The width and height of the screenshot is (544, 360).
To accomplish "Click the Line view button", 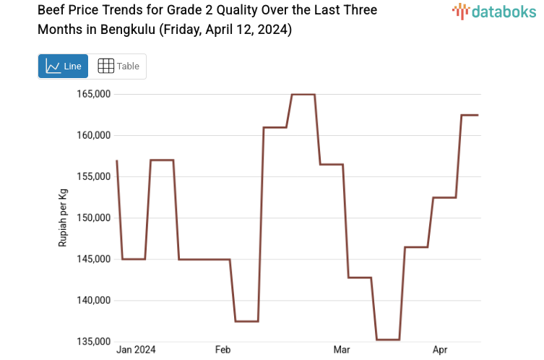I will [x=63, y=67].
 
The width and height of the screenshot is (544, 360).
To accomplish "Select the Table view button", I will [x=118, y=67].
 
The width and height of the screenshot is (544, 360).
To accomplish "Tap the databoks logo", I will [x=494, y=11].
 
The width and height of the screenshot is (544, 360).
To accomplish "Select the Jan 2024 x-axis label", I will [x=136, y=350].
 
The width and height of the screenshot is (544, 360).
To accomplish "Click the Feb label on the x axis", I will [x=223, y=350].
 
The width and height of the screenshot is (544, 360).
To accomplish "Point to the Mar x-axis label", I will [x=341, y=350].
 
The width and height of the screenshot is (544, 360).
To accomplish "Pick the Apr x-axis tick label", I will [x=440, y=350].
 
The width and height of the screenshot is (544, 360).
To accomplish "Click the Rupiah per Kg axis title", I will [x=63, y=218].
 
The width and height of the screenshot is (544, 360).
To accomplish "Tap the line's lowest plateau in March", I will [x=387, y=339].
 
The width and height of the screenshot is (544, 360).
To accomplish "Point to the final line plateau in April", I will [x=470, y=115].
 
